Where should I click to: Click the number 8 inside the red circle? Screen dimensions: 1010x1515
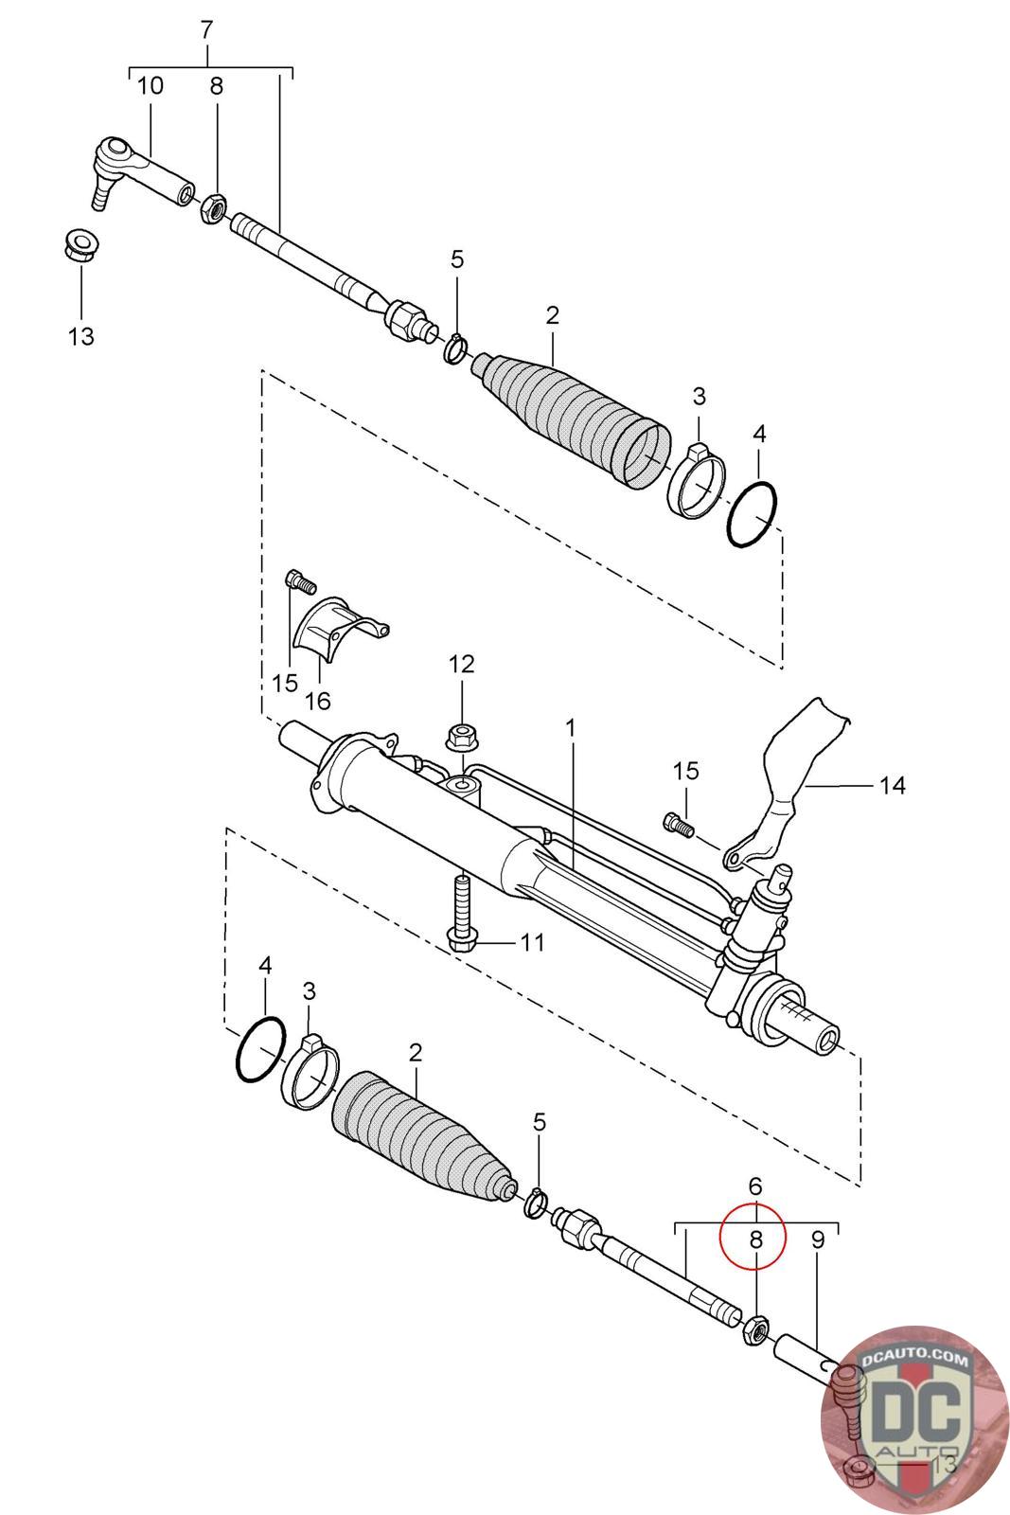click(x=755, y=1239)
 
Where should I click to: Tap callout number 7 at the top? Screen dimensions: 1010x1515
click(x=207, y=29)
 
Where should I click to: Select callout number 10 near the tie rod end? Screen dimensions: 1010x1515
click(x=151, y=86)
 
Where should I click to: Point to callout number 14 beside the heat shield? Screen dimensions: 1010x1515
click(x=892, y=785)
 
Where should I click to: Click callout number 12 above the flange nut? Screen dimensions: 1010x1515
click(x=462, y=664)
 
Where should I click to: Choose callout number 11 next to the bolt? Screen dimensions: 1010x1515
click(x=533, y=941)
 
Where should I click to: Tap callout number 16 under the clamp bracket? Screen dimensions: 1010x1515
click(x=318, y=701)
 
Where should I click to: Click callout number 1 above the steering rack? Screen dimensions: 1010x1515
click(x=570, y=728)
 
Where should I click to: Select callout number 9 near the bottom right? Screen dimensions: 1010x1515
click(x=818, y=1239)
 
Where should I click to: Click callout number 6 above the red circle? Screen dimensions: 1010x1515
click(x=755, y=1185)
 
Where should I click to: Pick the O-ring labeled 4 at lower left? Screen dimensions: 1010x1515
click(x=261, y=1049)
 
